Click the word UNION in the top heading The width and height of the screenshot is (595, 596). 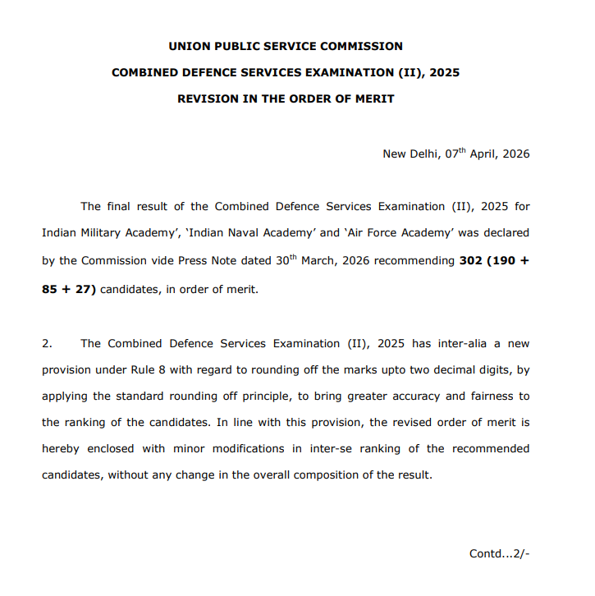pos(187,46)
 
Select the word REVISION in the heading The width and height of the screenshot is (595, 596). pos(207,99)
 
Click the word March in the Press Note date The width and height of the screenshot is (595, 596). pos(320,260)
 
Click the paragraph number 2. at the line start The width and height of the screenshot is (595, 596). pos(47,343)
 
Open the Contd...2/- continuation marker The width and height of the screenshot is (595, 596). pos(499,553)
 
